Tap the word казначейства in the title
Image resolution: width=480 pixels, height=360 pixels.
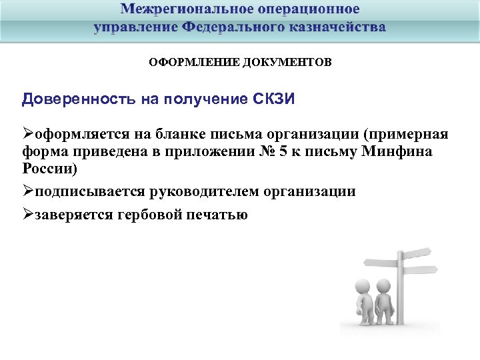pyautogui.click(x=337, y=27)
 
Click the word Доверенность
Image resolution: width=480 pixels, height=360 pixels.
pyautogui.click(x=78, y=99)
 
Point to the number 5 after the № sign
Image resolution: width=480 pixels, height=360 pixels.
pyautogui.click(x=283, y=151)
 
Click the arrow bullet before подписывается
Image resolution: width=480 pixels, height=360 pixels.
pyautogui.click(x=28, y=191)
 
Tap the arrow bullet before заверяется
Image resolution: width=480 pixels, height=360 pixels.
pyautogui.click(x=28, y=215)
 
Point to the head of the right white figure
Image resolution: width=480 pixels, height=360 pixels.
pyautogui.click(x=383, y=285)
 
